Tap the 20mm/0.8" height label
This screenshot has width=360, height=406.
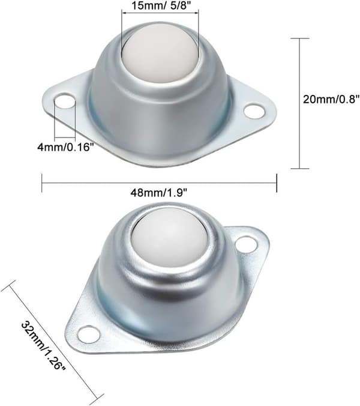(331, 99)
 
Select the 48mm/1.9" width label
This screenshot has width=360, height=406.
(158, 193)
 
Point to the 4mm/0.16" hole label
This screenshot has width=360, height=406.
(65, 147)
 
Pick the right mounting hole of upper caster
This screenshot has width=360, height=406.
(255, 111)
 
